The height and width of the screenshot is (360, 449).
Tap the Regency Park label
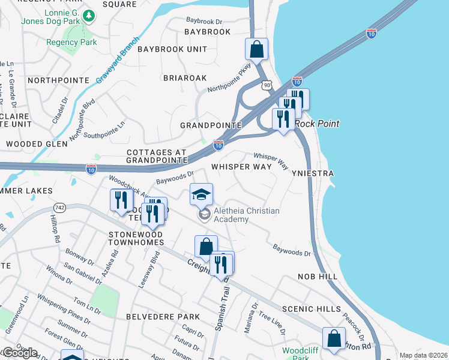71,43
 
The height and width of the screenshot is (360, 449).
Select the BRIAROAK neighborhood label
185,78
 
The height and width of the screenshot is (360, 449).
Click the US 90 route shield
267,86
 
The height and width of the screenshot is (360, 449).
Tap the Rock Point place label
316,124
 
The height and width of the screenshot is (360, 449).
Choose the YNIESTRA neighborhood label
313,173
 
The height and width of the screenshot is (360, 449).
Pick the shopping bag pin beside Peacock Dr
334,338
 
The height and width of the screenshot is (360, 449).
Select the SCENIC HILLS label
312,308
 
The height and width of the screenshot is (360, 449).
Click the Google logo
19,353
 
